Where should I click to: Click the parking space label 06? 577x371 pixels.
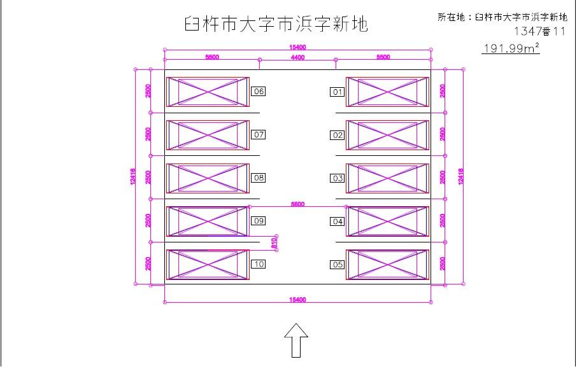[x=259, y=92]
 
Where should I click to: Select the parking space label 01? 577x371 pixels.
[x=337, y=92]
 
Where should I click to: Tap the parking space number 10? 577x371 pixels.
[x=259, y=264]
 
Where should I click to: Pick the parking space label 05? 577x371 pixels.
[x=337, y=265]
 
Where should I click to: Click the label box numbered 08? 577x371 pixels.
[x=259, y=178]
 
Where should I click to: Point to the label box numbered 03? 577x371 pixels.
[x=337, y=178]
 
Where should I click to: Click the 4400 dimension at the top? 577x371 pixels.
[x=297, y=57]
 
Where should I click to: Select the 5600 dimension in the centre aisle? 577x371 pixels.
[x=297, y=204]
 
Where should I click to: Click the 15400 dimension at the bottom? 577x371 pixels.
[x=297, y=299]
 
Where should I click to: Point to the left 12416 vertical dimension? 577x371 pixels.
[x=132, y=176]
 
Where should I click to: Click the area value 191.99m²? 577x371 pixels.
[x=511, y=48]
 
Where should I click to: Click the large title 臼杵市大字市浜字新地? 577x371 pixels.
[x=275, y=24]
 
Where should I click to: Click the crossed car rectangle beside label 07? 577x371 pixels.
[x=208, y=135]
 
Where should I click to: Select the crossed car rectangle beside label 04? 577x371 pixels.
[x=387, y=221]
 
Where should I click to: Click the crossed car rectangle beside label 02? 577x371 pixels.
[x=387, y=135]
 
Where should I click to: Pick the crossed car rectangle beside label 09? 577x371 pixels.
[x=208, y=221]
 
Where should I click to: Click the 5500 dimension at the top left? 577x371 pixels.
[x=212, y=57]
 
